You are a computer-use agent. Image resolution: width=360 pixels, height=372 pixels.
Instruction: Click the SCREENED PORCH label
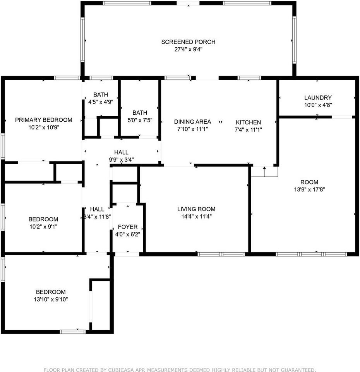[x=188, y=42]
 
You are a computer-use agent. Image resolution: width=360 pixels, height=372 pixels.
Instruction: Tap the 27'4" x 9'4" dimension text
[x=188, y=49]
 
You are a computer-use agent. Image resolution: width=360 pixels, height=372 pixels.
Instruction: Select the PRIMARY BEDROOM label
[x=43, y=120]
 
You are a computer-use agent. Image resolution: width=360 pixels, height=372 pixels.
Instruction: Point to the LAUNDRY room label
[x=317, y=98]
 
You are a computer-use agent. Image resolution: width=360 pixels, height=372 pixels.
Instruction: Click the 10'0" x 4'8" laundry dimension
[x=317, y=105]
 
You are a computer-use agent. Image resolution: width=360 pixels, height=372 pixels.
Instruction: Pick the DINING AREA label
[x=192, y=122]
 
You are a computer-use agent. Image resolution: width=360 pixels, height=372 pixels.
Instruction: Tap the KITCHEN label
[x=248, y=122]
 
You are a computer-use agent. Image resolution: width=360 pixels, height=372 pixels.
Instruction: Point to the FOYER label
[x=127, y=227]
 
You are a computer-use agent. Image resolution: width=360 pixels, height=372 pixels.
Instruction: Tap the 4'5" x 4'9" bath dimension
[x=100, y=102]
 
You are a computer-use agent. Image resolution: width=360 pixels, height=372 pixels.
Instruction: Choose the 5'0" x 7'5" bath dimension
[x=140, y=120]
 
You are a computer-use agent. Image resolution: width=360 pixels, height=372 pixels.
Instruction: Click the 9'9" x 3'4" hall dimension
[x=121, y=159]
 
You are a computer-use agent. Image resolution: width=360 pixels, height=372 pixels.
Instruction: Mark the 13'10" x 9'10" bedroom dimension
[x=51, y=299]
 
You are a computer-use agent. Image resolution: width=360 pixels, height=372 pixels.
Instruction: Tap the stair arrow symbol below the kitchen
[x=264, y=169]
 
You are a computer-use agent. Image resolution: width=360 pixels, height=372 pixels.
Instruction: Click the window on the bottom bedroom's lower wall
[x=72, y=332]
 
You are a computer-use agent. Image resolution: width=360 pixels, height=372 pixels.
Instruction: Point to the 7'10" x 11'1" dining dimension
[x=192, y=129]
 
